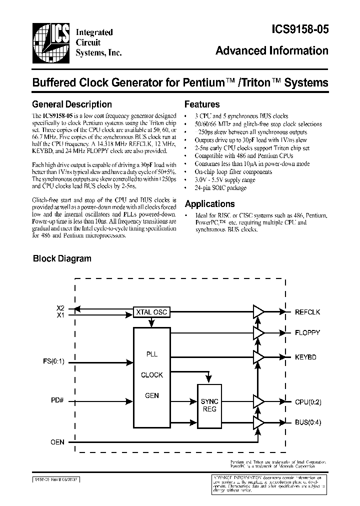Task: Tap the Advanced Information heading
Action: pos(272,51)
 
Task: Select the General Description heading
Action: pos(72,104)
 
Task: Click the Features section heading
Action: pos(202,104)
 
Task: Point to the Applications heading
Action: pos(209,204)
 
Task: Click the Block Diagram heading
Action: pos(62,258)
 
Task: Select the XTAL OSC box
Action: pos(151,312)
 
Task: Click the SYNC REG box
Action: pos(209,405)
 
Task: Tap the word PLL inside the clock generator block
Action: pos(151,354)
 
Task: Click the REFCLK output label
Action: pos(307,312)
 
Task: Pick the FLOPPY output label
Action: pos(307,332)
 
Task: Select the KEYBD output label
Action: pos(305,357)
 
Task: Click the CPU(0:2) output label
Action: pos(308,401)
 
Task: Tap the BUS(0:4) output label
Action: pos(308,421)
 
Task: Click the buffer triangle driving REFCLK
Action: pos(258,312)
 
